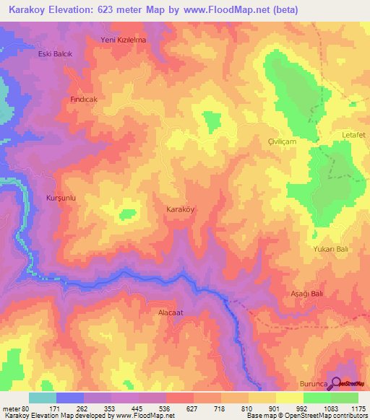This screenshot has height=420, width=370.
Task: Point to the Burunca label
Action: [313, 385]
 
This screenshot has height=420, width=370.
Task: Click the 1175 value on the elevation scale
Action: [358, 408]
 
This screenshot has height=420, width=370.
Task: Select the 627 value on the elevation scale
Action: [193, 408]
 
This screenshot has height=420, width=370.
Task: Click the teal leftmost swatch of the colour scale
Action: [42, 398]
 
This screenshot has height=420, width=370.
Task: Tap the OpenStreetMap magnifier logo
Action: [335, 383]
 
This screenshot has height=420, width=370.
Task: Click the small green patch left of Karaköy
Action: [127, 214]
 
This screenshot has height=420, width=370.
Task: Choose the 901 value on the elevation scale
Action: [275, 408]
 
